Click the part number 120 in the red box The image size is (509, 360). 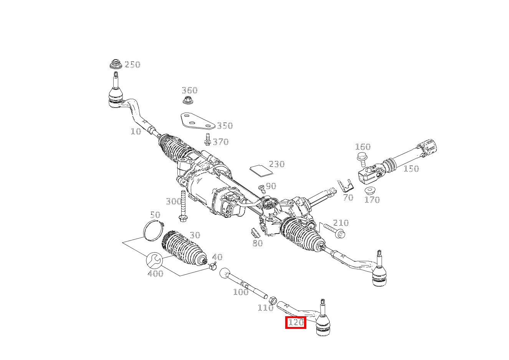(296, 322)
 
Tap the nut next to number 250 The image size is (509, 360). (116, 64)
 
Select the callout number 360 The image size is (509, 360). (190, 90)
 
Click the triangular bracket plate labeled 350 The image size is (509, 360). (198, 121)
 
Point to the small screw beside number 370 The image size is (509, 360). (207, 139)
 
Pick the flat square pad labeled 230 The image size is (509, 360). (261, 170)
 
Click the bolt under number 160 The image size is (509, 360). (362, 159)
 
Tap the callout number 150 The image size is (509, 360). (411, 169)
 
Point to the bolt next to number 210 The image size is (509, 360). (334, 231)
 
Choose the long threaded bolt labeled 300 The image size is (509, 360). (183, 206)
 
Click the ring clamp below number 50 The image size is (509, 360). (154, 230)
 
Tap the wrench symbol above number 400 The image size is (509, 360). (154, 260)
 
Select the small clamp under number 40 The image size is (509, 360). (213, 266)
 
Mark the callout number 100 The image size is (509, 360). (241, 292)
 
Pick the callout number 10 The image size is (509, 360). (136, 131)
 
